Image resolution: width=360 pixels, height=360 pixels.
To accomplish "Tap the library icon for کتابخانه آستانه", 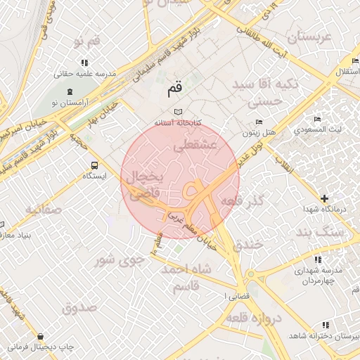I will [178, 111].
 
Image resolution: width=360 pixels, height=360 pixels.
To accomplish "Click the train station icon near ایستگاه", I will [94, 165].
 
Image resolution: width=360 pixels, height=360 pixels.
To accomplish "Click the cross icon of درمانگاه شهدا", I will [324, 199].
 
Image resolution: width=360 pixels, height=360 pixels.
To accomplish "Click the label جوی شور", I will [120, 259].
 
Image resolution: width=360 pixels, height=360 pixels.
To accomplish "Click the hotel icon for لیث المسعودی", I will [318, 120].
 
